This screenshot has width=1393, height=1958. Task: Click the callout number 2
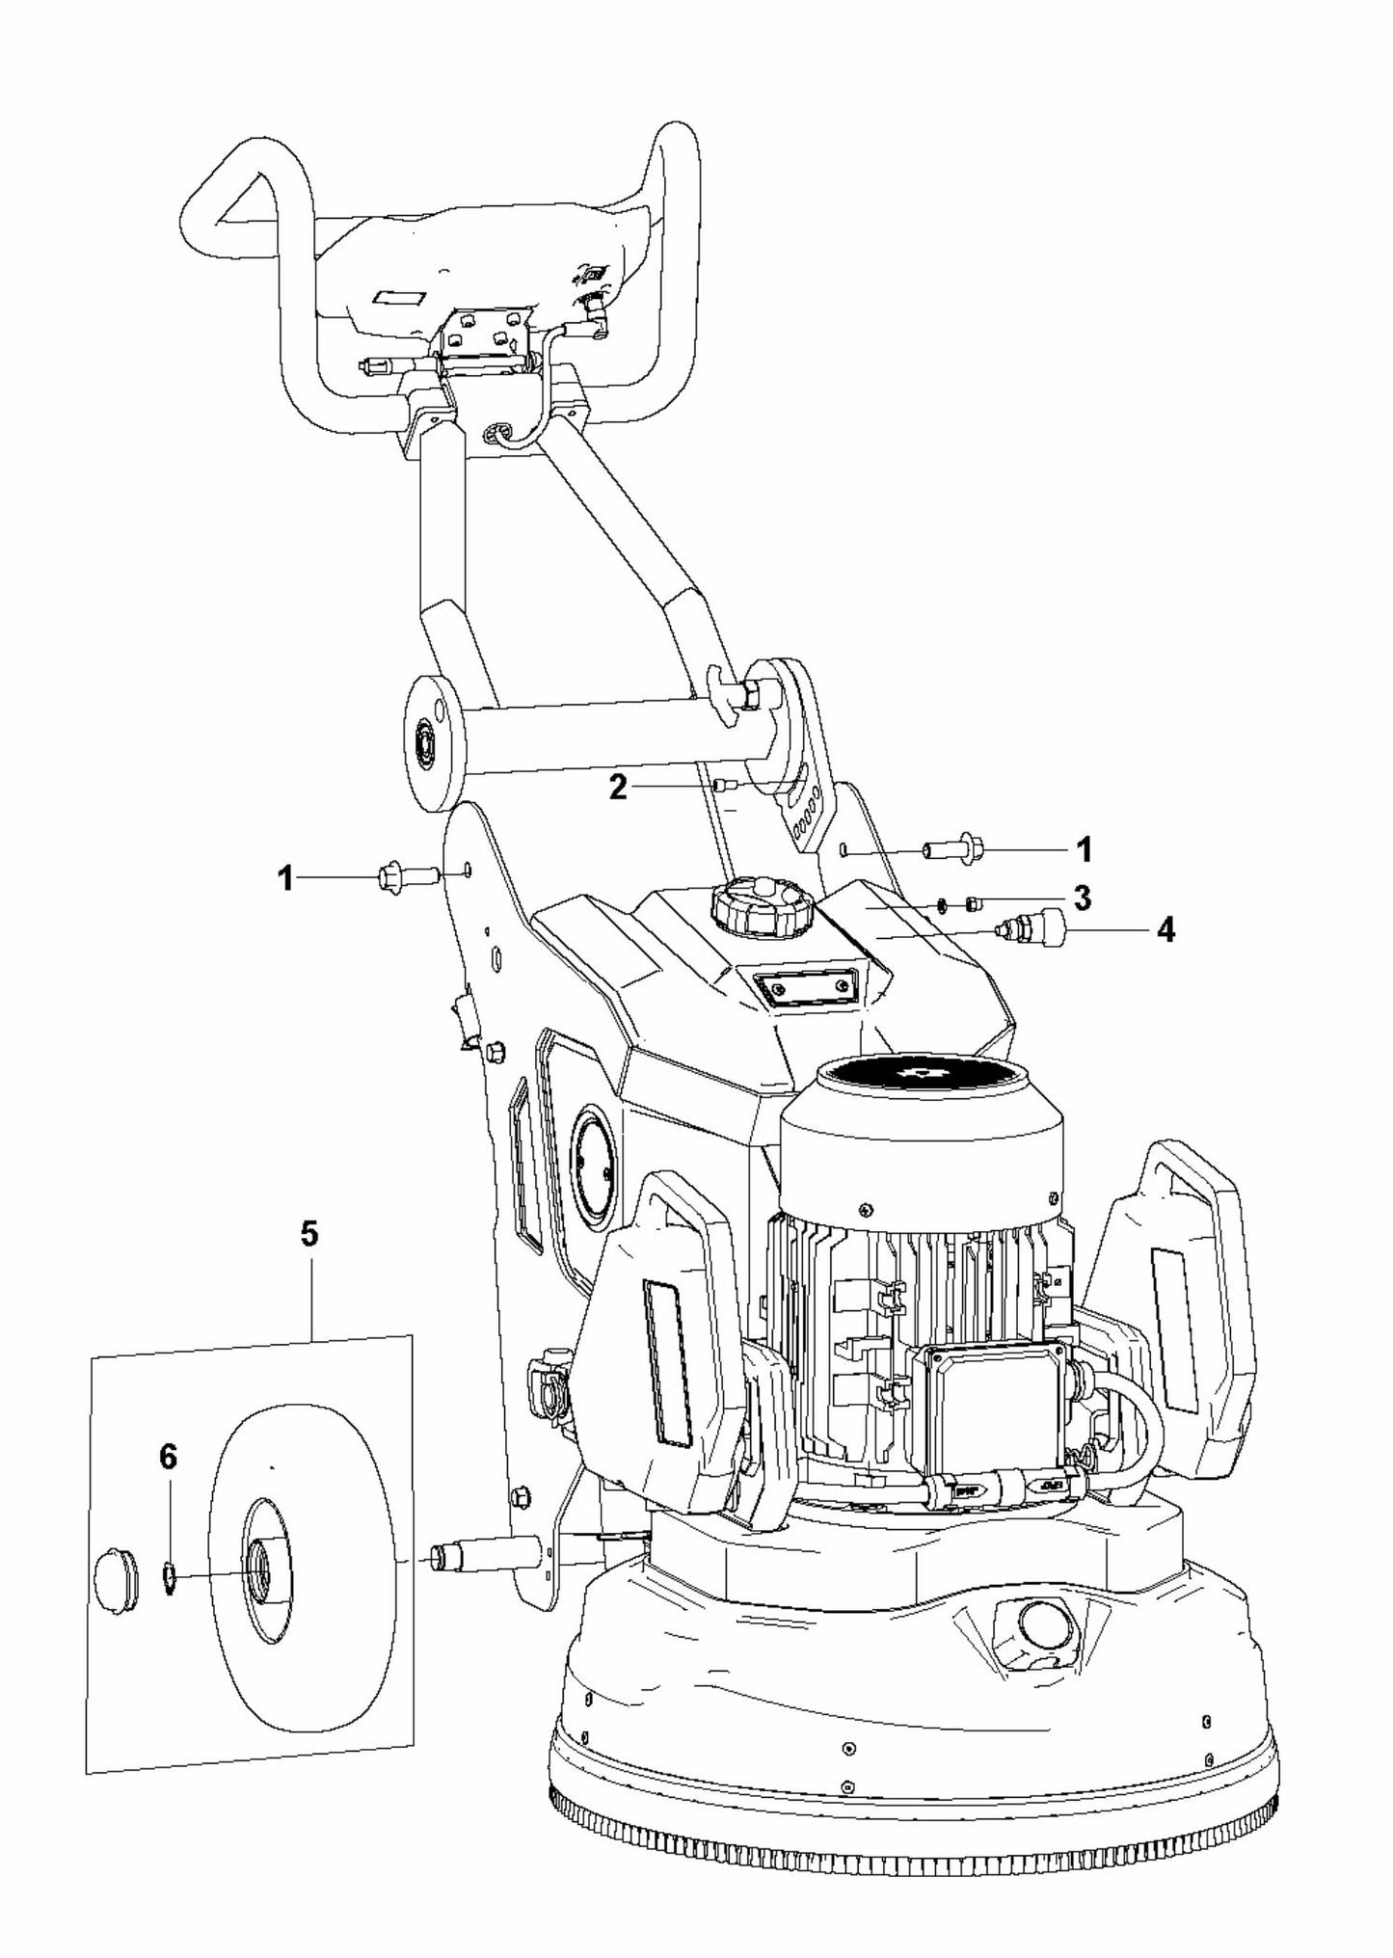click(x=618, y=788)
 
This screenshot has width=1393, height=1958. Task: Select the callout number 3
click(x=1083, y=898)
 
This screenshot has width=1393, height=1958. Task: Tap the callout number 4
click(x=1165, y=930)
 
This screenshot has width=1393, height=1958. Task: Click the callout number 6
click(x=168, y=1458)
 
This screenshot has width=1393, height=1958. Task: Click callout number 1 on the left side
click(x=285, y=879)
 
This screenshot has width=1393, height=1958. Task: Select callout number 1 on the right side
click(x=1084, y=849)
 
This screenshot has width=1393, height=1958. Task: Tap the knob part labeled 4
click(x=1030, y=927)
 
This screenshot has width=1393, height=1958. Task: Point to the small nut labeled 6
click(x=168, y=1577)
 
